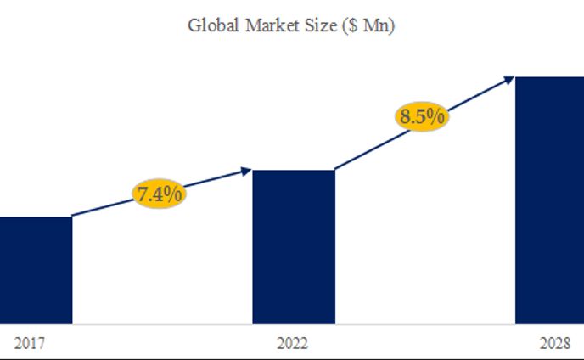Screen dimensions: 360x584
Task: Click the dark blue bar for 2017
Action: point(36,269)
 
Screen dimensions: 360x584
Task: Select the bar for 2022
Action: point(294,246)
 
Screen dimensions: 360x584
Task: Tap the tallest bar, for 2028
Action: point(549,200)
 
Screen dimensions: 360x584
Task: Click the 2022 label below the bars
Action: point(293,344)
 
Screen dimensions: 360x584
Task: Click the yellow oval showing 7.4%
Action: point(159,194)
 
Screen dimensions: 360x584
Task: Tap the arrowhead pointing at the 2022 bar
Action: point(247,171)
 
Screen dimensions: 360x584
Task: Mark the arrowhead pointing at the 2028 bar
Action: point(509,79)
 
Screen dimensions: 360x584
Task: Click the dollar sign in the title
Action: point(351,26)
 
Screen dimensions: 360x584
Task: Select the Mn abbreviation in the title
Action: point(375,25)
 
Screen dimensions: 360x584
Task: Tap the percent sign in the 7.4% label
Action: point(173,194)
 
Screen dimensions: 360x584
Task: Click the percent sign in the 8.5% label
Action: point(436,116)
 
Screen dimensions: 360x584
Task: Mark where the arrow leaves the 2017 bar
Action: point(73,216)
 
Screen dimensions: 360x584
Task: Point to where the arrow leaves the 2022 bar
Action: point(336,169)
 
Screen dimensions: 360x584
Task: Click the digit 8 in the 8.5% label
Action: point(405,116)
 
